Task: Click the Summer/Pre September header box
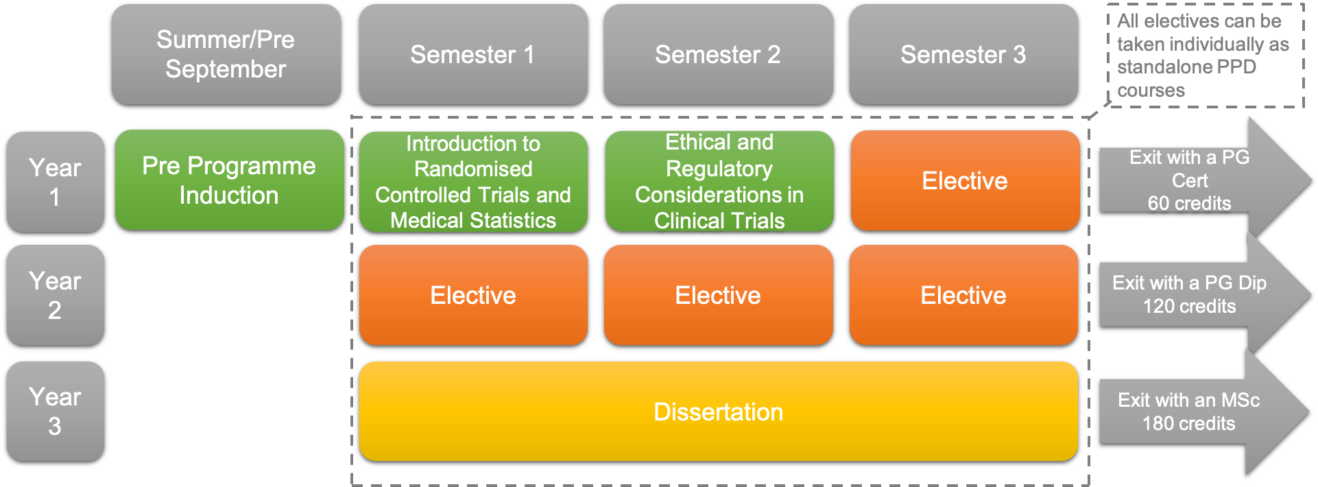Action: pyautogui.click(x=226, y=54)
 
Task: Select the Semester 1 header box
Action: pyautogui.click(x=473, y=54)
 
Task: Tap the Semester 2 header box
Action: pyautogui.click(x=718, y=54)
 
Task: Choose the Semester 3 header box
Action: pyautogui.click(x=963, y=54)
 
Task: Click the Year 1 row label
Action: pyautogui.click(x=56, y=182)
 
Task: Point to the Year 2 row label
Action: pyautogui.click(x=56, y=295)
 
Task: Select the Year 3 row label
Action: pyautogui.click(x=56, y=411)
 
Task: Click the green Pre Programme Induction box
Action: pyautogui.click(x=229, y=180)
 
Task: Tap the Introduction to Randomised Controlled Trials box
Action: pyautogui.click(x=473, y=182)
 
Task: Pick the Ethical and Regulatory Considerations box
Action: pyautogui.click(x=719, y=182)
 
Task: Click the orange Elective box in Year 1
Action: pyautogui.click(x=965, y=180)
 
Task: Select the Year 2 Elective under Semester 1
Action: pyautogui.click(x=473, y=295)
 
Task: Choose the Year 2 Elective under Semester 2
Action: pyautogui.click(x=718, y=295)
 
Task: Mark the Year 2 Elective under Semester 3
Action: pyautogui.click(x=963, y=295)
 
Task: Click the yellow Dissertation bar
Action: pyautogui.click(x=718, y=412)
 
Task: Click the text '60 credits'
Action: pyautogui.click(x=1189, y=203)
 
